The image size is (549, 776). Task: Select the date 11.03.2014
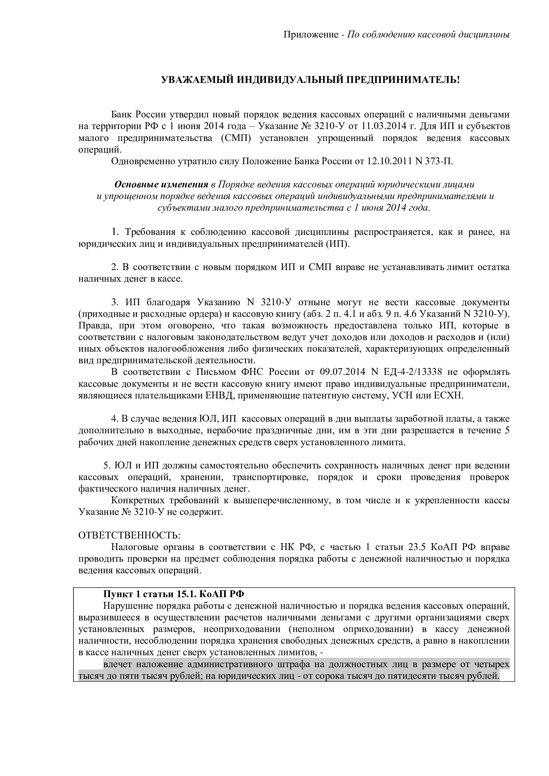point(384,126)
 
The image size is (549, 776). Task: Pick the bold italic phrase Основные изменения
point(161,184)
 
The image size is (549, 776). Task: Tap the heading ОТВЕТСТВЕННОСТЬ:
point(129,535)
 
